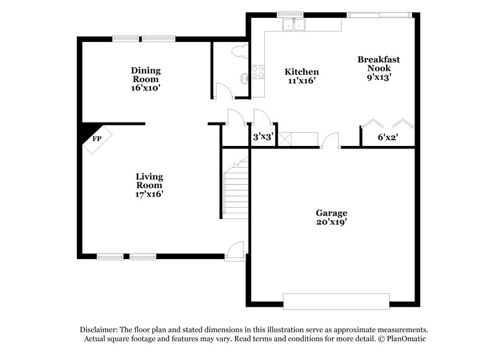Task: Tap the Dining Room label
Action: tap(145, 74)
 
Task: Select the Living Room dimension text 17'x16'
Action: tap(149, 194)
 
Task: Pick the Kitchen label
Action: tap(301, 72)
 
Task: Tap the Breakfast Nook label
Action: tap(378, 64)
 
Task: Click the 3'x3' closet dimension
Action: tap(263, 138)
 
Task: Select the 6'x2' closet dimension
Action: tap(388, 138)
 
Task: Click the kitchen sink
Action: tap(293, 25)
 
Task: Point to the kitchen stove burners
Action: tap(257, 72)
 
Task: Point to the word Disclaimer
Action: tap(100, 330)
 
